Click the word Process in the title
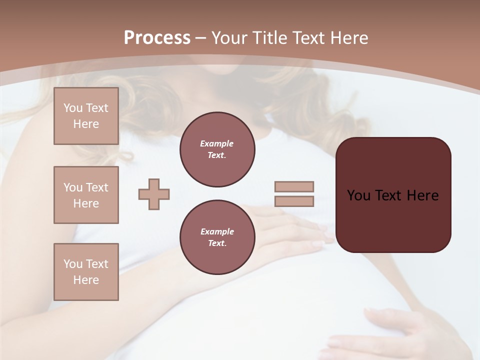157,38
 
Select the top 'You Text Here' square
86,116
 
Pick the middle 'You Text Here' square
86,195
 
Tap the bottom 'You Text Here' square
86,272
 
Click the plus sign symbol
154,194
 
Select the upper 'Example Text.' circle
217,149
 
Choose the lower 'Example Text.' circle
217,237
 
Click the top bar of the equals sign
294,186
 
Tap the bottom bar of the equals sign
294,201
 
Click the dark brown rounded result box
393,220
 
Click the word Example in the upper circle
217,144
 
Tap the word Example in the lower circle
217,232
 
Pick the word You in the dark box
358,195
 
